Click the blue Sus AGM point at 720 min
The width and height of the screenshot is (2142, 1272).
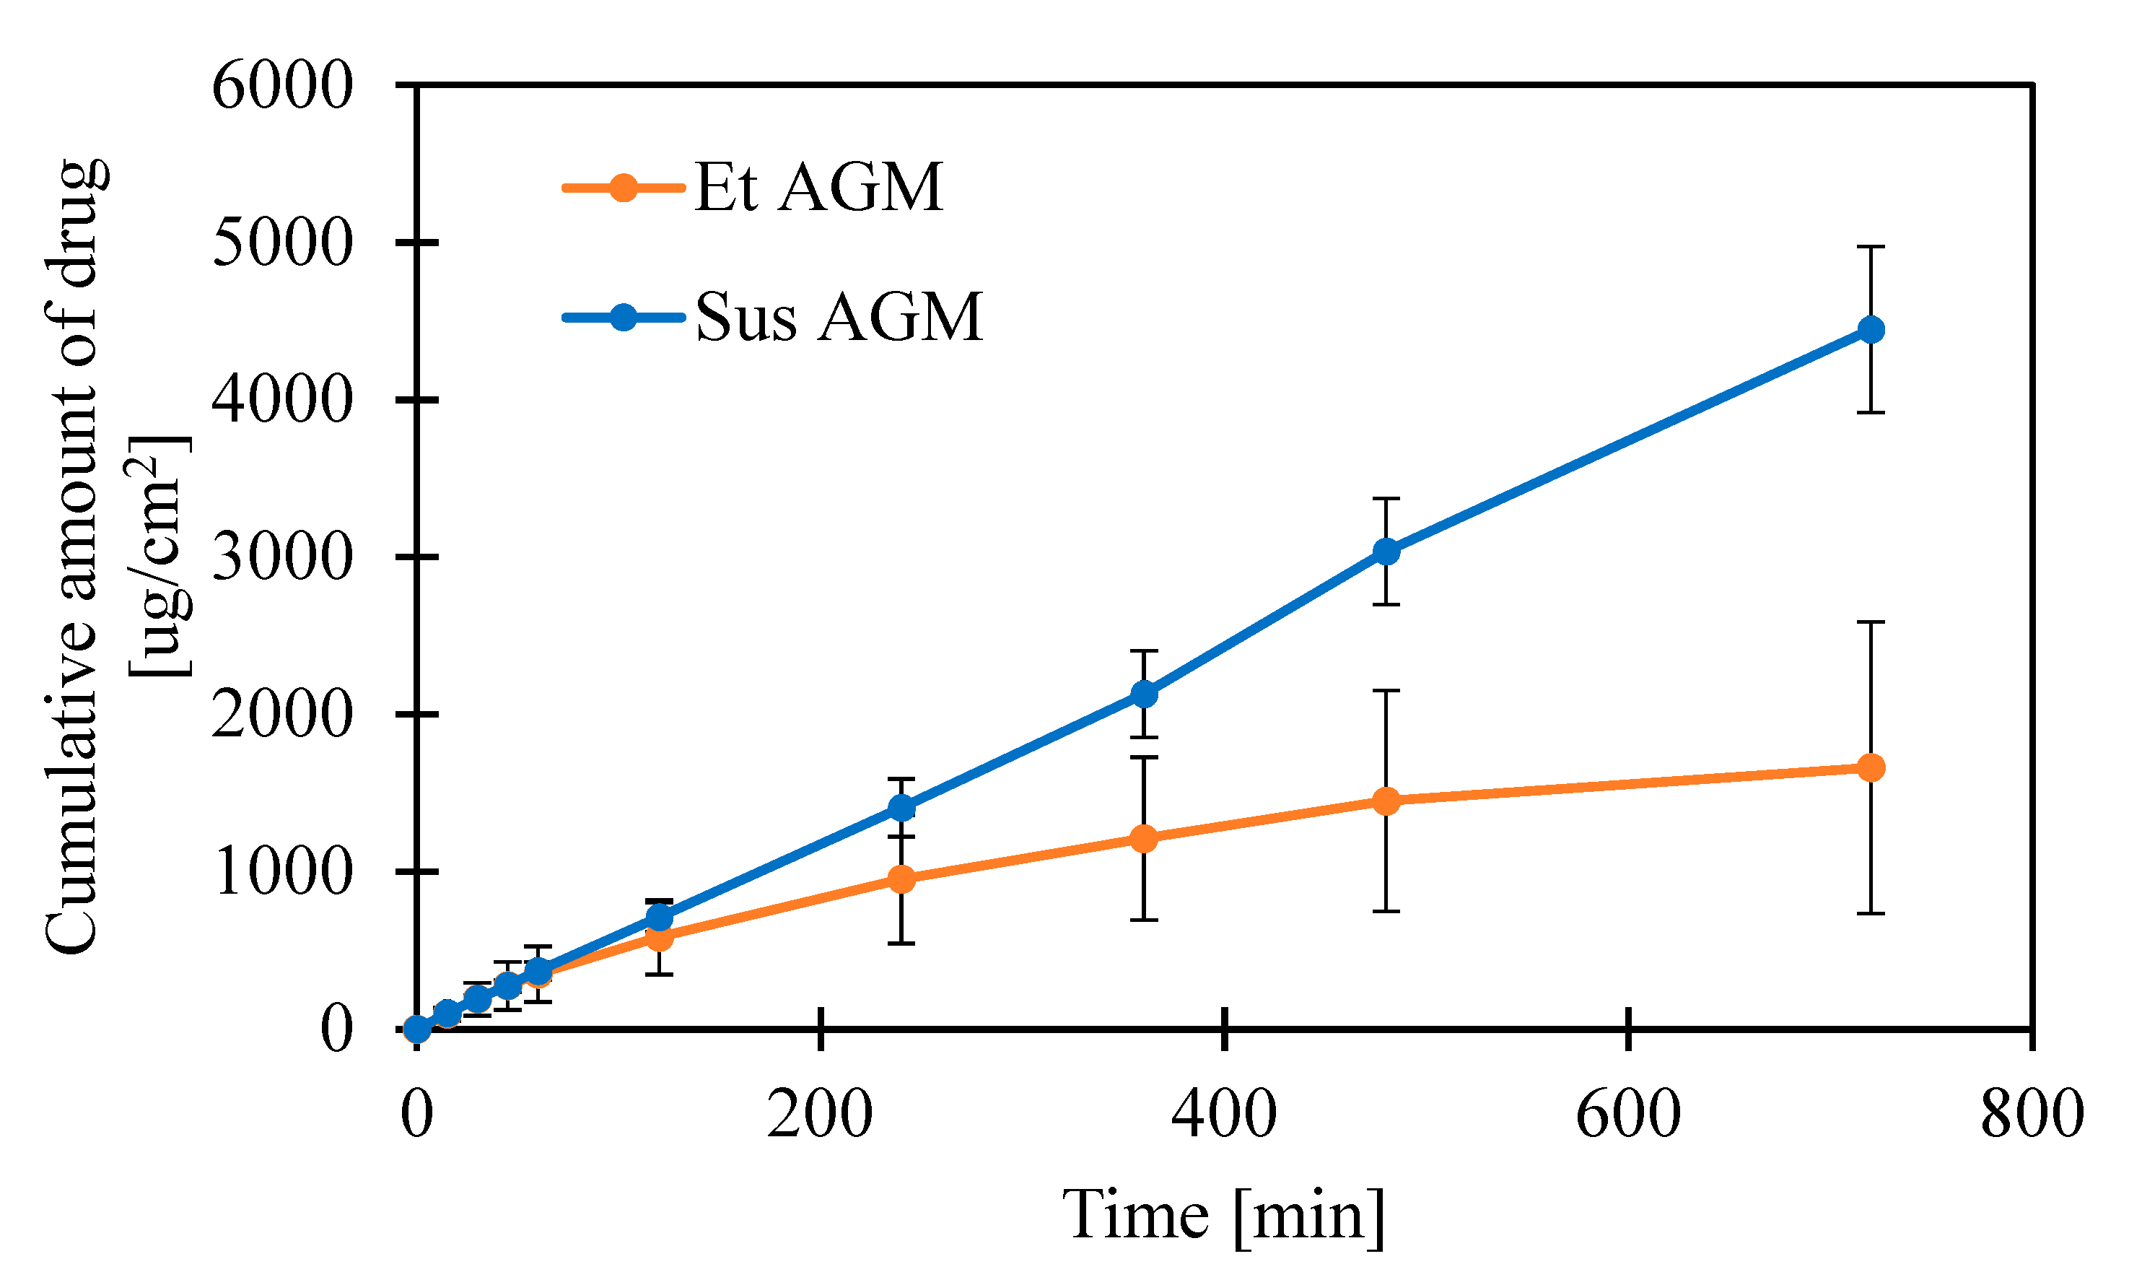(x=1871, y=329)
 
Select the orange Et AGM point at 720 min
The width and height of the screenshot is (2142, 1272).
(x=1871, y=767)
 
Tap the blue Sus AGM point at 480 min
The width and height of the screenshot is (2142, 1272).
(x=1386, y=552)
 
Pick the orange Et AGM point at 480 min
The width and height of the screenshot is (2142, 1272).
(x=1386, y=801)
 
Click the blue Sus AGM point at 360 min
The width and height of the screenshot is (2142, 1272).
(x=1144, y=694)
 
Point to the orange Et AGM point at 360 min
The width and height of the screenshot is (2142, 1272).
(x=1144, y=838)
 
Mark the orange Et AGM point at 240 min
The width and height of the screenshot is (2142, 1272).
(x=901, y=879)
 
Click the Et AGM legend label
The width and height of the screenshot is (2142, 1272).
(x=818, y=187)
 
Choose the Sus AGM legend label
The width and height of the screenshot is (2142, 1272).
(x=838, y=317)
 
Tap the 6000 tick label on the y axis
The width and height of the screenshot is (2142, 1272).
(x=282, y=86)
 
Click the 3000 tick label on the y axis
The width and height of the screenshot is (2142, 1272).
(x=282, y=557)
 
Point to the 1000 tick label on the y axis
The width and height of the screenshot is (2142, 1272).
(x=282, y=872)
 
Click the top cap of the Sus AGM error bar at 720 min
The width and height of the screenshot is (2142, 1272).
(x=1871, y=247)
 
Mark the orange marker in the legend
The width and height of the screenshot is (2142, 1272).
(x=623, y=187)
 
